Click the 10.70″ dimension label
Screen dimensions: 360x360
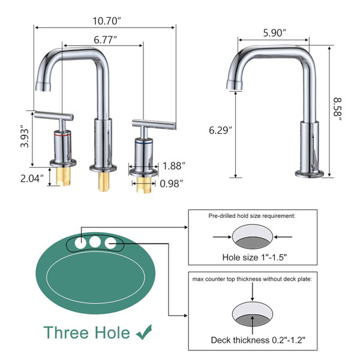tap(107, 21)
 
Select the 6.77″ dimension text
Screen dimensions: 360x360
tap(106, 40)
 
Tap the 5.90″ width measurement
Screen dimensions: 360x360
tap(275, 33)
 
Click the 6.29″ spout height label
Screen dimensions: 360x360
tap(220, 130)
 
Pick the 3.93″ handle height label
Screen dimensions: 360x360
tap(25, 136)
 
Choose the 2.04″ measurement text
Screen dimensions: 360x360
tap(32, 178)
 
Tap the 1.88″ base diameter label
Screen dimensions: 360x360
tap(174, 166)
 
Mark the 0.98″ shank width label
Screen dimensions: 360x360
tap(172, 184)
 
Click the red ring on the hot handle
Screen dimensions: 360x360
tap(62, 136)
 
